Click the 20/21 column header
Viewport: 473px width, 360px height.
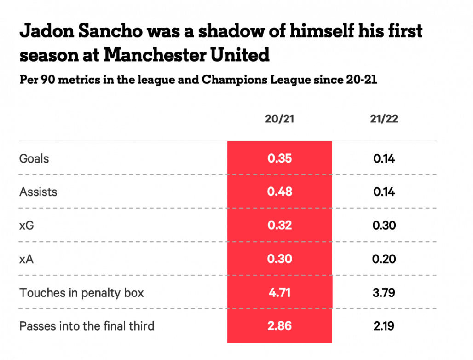[x=279, y=119]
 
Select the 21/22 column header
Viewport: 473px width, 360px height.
[x=384, y=119]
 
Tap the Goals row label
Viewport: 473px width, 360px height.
[x=34, y=158]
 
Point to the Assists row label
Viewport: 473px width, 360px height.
[x=38, y=192]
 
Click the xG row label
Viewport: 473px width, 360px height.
[x=27, y=226]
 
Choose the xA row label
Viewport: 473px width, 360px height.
[x=27, y=259]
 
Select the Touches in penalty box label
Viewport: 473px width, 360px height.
[x=81, y=293]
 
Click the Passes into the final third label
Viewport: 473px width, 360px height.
[x=87, y=326]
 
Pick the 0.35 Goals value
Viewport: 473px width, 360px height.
[x=279, y=158]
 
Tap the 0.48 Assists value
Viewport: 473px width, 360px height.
[x=279, y=192]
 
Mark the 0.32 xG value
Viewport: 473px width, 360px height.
[x=279, y=226]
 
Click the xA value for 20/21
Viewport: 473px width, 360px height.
[x=279, y=259]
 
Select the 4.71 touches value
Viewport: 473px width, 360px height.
[x=279, y=293]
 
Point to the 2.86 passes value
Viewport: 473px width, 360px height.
[x=279, y=326]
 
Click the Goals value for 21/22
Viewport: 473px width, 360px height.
[x=384, y=158]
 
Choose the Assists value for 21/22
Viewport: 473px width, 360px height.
[x=384, y=192]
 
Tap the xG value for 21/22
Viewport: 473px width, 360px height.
[x=384, y=226]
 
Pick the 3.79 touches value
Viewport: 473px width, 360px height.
[x=384, y=293]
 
